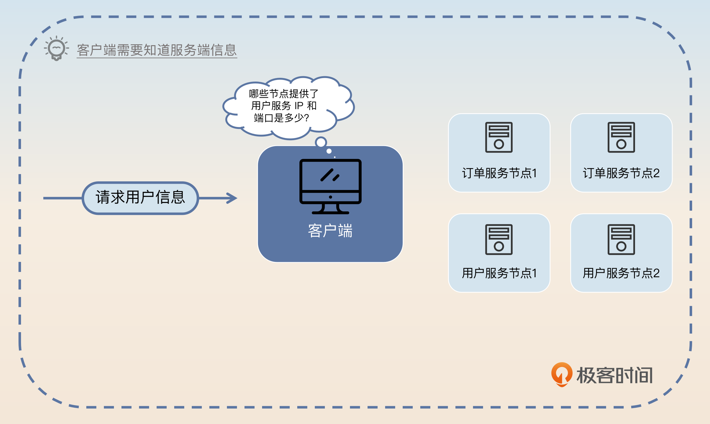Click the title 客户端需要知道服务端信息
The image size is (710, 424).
tap(157, 50)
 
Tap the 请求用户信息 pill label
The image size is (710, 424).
tap(140, 198)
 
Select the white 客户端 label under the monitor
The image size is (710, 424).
tap(330, 231)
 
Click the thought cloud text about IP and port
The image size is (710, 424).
tap(283, 106)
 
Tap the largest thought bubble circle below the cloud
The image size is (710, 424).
tap(321, 142)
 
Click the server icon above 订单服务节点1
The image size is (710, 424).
tap(499, 137)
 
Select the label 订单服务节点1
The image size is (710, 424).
tap(499, 173)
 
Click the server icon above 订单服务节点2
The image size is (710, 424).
tap(621, 137)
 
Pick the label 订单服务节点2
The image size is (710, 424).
tap(621, 173)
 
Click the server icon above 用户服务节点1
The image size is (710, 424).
tap(499, 239)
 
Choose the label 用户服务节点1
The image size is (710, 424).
tap(499, 273)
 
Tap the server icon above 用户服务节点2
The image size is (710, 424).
tap(621, 239)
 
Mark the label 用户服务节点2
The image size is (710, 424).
tap(621, 273)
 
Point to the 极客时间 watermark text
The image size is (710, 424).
tap(615, 375)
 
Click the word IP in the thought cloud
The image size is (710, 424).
tap(299, 106)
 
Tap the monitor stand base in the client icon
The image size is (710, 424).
tap(330, 212)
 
